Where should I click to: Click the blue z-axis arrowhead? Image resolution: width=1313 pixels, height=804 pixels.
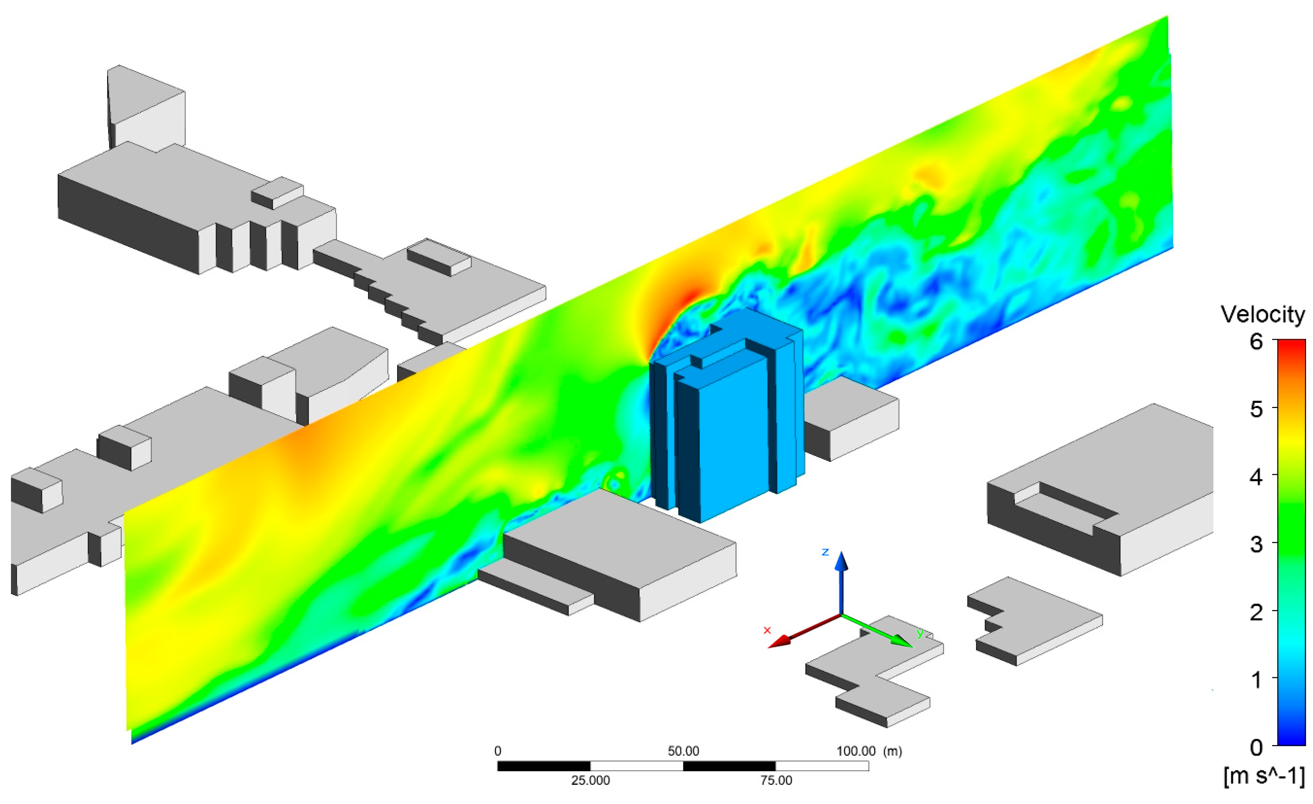841,562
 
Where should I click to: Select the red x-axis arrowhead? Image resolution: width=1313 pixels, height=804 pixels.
779,641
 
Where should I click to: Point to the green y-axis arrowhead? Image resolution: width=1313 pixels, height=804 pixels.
902,641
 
